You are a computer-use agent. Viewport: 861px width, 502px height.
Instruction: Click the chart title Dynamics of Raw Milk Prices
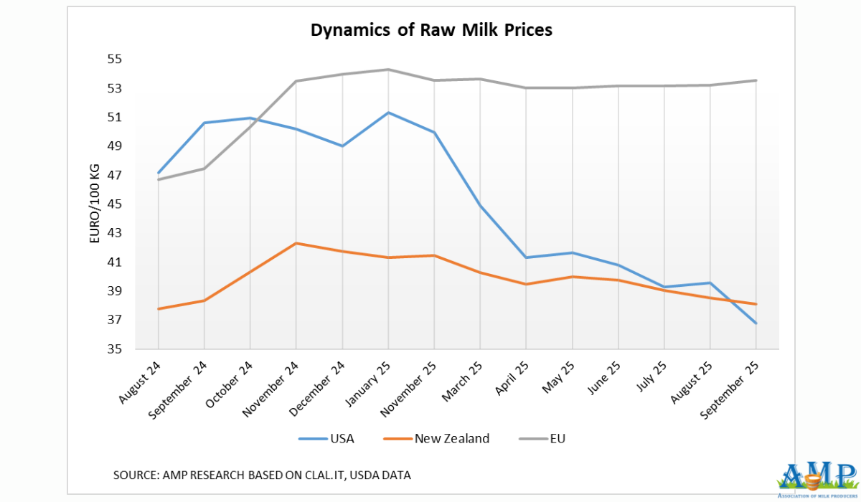430,30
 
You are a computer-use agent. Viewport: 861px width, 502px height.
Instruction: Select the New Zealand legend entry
438,438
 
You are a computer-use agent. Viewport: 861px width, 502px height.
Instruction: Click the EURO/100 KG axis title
94,204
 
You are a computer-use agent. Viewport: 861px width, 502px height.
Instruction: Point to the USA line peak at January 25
388,113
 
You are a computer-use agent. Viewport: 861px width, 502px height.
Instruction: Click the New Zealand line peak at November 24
296,243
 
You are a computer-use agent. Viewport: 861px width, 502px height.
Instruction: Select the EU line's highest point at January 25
388,70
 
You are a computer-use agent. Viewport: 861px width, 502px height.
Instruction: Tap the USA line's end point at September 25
756,323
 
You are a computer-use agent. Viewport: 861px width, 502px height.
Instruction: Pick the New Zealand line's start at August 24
158,309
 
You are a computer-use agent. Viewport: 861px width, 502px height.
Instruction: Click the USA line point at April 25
526,257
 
